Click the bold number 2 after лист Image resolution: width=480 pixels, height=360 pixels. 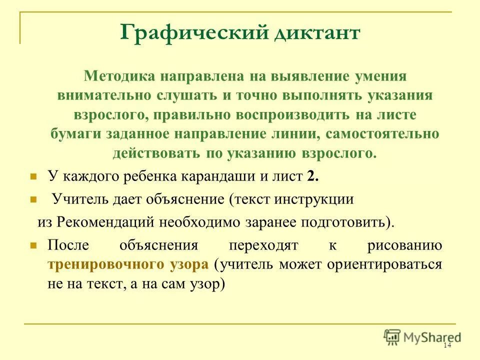[x=312, y=176]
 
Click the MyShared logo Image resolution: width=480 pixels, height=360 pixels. [x=422, y=337]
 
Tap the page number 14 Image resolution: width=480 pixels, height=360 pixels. [x=447, y=346]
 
